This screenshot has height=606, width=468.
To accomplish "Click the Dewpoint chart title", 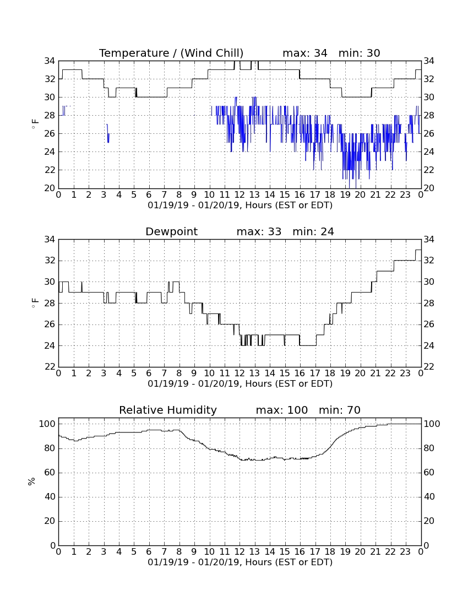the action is pos(171,231).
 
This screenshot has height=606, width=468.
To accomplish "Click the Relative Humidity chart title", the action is pos(168,410).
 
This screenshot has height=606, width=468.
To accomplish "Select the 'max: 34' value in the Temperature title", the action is pos(305,53).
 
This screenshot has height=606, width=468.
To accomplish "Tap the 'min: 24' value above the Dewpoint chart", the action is pos(313,231).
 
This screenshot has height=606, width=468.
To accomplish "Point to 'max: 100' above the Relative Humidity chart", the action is pos(282,410).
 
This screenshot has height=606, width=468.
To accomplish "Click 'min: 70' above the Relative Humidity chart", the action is pos(340,410).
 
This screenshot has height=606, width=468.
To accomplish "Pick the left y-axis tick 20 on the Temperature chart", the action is pos(50,188).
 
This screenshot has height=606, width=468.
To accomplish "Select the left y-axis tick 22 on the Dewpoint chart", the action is pos(50,366).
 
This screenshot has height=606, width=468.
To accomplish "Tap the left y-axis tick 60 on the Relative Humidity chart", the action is pos(50,472).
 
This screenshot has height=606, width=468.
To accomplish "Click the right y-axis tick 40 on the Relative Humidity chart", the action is pos(429,496).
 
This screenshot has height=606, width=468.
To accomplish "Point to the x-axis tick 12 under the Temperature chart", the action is pos(240,195).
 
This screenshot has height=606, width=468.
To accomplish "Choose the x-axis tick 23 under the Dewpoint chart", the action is pos(405,374).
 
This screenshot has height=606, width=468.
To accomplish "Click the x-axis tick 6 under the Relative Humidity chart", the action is pos(149,552).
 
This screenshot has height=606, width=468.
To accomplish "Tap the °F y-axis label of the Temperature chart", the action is pos(35,125).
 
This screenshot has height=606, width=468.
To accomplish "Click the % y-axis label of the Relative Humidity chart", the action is pos(31,481).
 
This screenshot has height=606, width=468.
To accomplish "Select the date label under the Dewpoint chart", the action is pos(240,384).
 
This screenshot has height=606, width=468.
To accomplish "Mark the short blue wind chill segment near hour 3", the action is pos(108,133).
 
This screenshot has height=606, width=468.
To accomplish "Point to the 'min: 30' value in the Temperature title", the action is pos(360,53).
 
